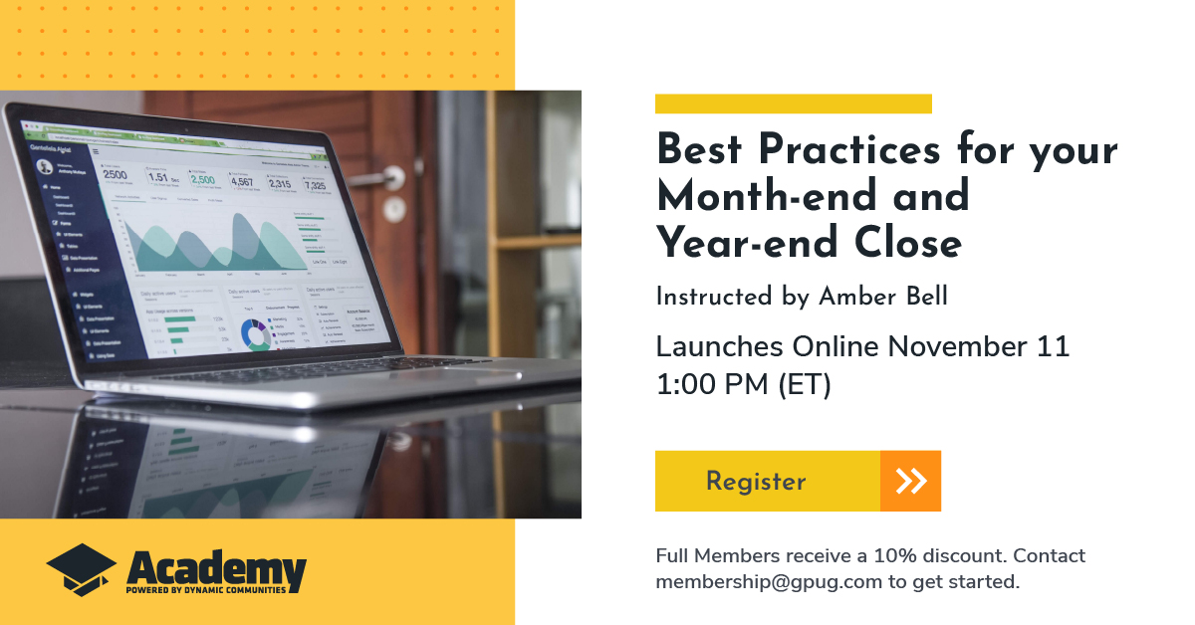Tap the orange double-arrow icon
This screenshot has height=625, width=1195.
[x=910, y=481]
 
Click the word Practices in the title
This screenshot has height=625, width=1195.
[x=849, y=151]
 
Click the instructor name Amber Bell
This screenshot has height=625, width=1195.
[x=884, y=297]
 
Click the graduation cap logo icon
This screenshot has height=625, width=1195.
[x=82, y=569]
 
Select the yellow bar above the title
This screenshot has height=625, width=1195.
[x=793, y=104]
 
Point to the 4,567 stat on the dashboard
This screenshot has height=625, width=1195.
[x=242, y=182]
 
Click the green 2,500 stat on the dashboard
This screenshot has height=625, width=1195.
[x=203, y=180]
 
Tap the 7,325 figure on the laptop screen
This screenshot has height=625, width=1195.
[x=315, y=185]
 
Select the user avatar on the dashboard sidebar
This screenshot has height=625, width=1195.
[x=44, y=167]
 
